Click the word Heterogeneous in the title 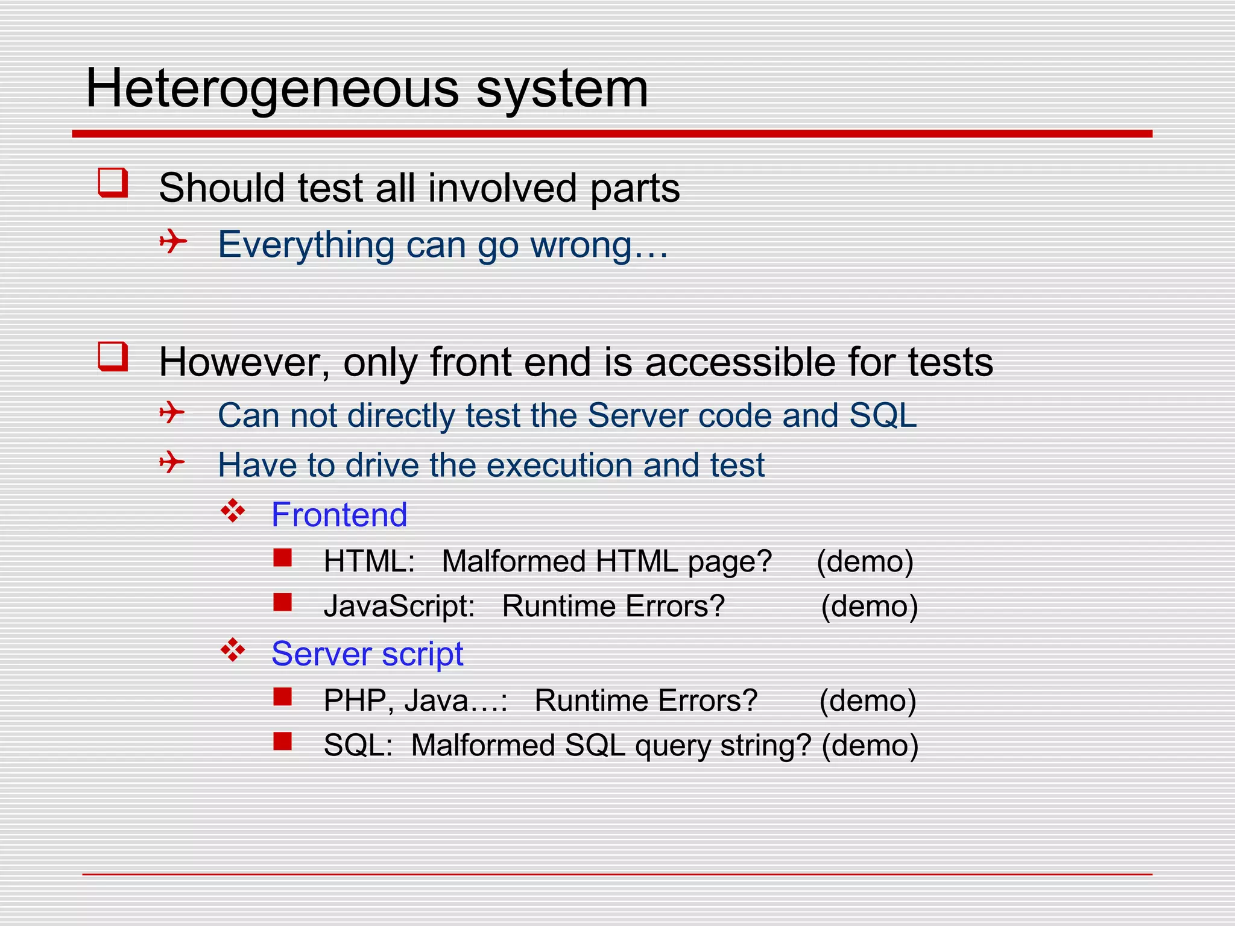[273, 89]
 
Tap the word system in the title [562, 89]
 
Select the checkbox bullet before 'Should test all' [113, 183]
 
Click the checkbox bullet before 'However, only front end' [113, 357]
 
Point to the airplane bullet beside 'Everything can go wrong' [173, 242]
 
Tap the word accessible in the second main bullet [741, 362]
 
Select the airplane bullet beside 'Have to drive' [172, 463]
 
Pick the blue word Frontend [339, 515]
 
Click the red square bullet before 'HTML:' [282, 558]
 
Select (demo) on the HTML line [865, 562]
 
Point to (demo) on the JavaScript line [869, 606]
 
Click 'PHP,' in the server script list [358, 701]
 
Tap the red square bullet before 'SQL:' [282, 741]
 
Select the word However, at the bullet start [244, 362]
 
